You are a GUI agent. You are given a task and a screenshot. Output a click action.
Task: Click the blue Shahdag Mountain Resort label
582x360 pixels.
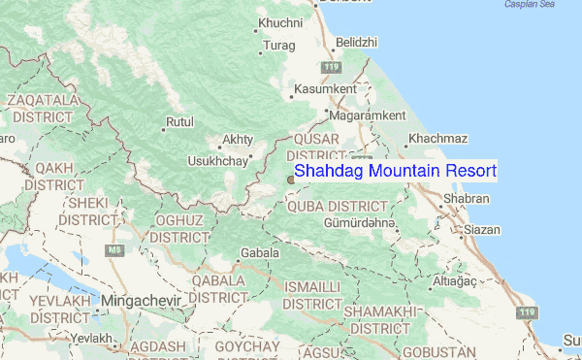395,171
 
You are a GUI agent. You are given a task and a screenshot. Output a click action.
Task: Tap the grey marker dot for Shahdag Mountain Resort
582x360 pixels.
290,179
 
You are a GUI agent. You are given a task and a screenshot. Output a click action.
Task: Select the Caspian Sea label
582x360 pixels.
529,5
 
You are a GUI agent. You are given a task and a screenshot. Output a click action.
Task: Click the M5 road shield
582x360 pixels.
115,249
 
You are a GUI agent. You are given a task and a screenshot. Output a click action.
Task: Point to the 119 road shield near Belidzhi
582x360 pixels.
333,66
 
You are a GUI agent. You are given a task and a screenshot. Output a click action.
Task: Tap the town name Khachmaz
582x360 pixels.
438,140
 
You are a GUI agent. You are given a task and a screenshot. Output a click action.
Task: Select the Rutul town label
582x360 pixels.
180,123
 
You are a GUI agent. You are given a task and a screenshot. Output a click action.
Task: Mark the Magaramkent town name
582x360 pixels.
367,115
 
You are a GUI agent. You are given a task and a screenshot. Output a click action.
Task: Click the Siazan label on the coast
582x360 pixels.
482,230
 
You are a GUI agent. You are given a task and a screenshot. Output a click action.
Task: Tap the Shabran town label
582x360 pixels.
467,199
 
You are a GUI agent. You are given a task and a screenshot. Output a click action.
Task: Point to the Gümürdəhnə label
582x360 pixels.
361,224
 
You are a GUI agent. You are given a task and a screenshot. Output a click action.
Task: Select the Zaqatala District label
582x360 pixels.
45,108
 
